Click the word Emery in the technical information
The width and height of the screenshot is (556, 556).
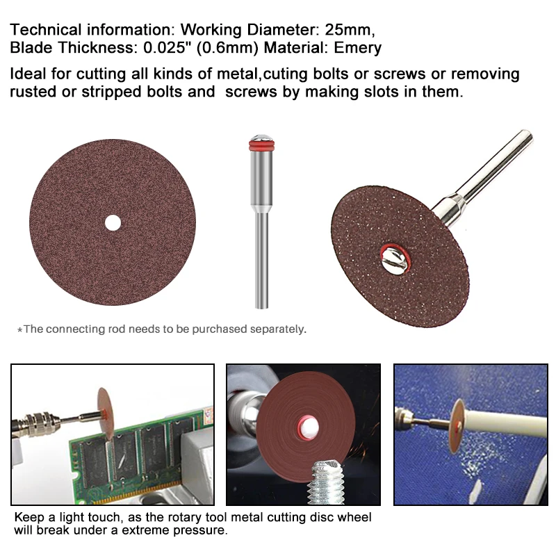[x=357, y=48]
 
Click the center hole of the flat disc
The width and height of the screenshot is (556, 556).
[x=113, y=223]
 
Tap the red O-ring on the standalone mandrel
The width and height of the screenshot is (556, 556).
[x=261, y=145]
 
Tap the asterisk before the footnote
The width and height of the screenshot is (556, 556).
[x=19, y=329]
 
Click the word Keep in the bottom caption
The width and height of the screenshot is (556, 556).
[x=28, y=517]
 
